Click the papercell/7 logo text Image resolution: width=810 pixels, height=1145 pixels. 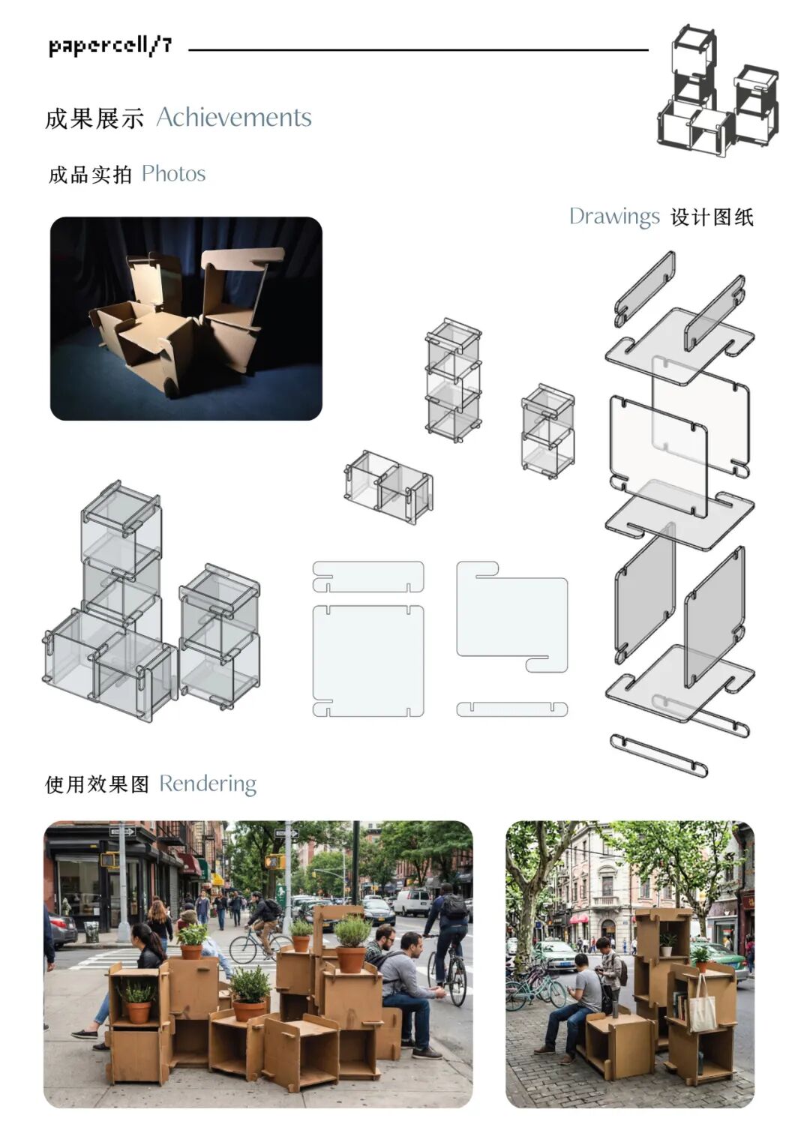click(110, 46)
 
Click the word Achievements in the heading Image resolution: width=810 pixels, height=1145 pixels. click(233, 118)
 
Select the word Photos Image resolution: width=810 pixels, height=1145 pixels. click(173, 174)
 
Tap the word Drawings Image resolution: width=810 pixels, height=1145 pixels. click(613, 217)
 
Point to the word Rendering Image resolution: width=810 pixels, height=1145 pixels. click(208, 784)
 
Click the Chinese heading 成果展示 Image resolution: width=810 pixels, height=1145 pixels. click(94, 118)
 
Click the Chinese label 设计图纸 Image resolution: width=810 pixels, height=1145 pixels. click(711, 217)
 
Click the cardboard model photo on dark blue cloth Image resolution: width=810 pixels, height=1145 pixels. click(186, 319)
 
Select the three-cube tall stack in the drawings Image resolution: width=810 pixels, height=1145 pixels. click(453, 381)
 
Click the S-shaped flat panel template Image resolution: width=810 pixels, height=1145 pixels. click(512, 616)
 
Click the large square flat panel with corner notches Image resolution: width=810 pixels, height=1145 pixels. click(367, 660)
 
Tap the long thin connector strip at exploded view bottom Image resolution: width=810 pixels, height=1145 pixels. click(658, 755)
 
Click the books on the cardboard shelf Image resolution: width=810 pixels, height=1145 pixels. click(678, 1004)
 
